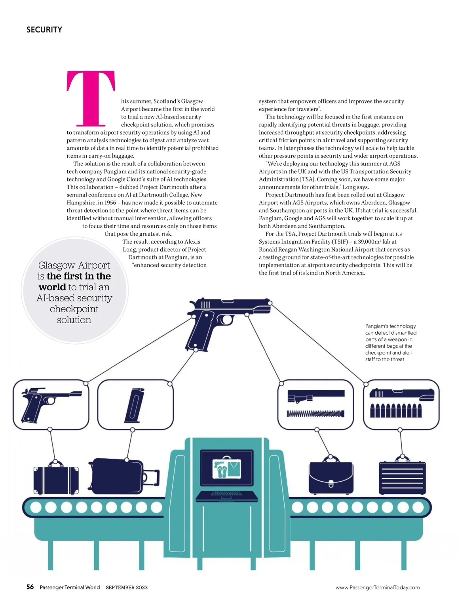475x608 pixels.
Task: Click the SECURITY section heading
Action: point(44,30)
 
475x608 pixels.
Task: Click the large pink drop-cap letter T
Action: point(91,98)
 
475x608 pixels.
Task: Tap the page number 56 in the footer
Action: point(30,587)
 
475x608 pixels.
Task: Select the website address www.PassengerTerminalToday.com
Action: point(377,587)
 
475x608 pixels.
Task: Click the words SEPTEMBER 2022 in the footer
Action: point(126,587)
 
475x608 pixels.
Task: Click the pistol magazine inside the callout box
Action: point(135,405)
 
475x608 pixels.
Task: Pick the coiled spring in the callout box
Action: point(315,414)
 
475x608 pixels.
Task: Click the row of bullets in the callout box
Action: point(395,411)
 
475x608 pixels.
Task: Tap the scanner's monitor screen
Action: point(227,468)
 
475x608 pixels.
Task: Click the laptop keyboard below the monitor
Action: point(227,494)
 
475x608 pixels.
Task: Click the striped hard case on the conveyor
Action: point(402,478)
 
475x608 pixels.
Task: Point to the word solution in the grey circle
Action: point(74,320)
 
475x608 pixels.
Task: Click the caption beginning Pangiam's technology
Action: point(390,343)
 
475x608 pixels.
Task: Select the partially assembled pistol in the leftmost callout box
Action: point(49,404)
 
